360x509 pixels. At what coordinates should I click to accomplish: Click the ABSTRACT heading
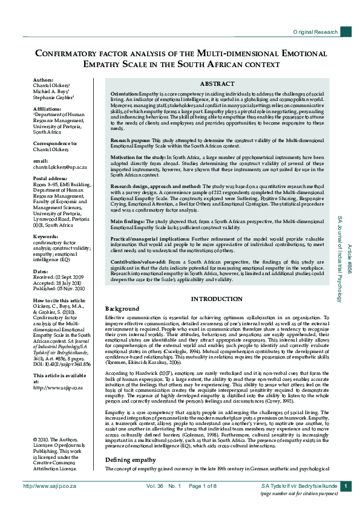point(217,83)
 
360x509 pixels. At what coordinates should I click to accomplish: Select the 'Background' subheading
point(122,308)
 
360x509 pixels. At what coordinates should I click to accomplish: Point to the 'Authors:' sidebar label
point(44,80)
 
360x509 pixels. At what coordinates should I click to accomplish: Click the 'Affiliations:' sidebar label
point(48,108)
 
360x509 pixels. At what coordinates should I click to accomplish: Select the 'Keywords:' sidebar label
point(46,236)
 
